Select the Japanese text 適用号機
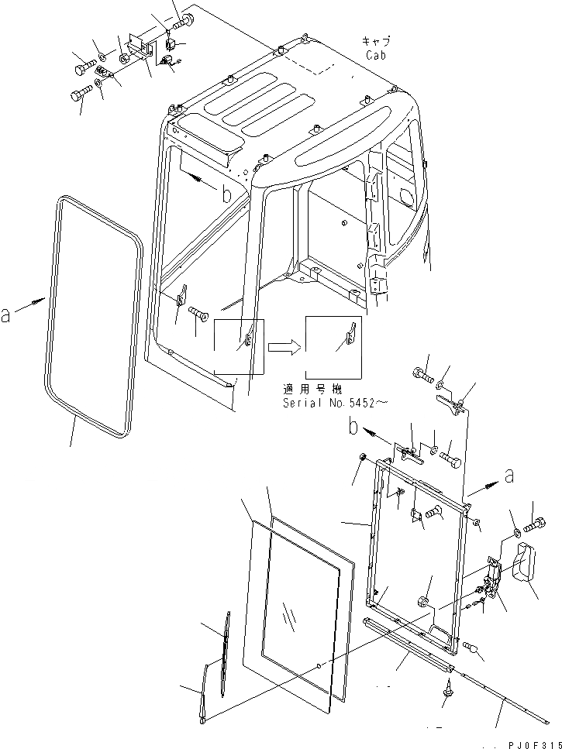click(319, 389)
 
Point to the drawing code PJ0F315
click(532, 740)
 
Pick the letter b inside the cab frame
click(225, 194)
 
